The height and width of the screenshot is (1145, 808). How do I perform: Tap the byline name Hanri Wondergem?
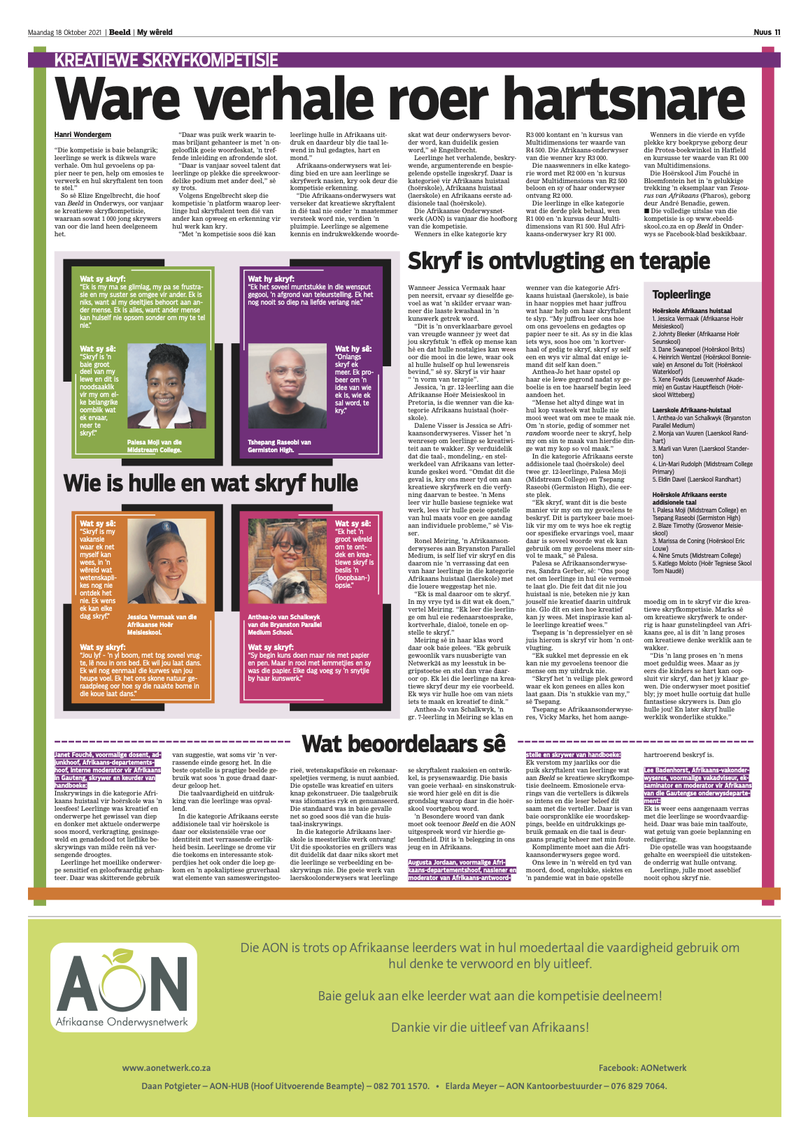coord(83,135)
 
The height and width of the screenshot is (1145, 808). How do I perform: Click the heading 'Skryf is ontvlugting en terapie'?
coord(558,261)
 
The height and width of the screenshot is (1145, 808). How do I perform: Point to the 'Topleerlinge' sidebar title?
coord(681,295)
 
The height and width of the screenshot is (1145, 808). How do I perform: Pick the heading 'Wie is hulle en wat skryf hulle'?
coord(211,483)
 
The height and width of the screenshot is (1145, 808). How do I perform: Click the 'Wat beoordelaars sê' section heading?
coord(403,744)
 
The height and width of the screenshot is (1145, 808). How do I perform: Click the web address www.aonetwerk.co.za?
coord(166,1067)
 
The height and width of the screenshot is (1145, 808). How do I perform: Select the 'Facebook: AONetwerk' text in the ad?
coord(642,1067)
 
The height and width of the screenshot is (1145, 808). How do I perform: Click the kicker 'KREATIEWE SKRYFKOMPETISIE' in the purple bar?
coord(166,60)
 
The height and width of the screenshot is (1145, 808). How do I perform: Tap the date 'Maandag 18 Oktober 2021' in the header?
coord(65,32)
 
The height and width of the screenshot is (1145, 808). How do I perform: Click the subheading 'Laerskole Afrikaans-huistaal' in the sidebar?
coord(691,410)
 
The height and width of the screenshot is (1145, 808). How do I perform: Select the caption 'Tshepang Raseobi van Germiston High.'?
coord(279,446)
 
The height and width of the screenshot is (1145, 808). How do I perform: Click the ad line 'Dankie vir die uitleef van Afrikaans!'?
coord(490,1027)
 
